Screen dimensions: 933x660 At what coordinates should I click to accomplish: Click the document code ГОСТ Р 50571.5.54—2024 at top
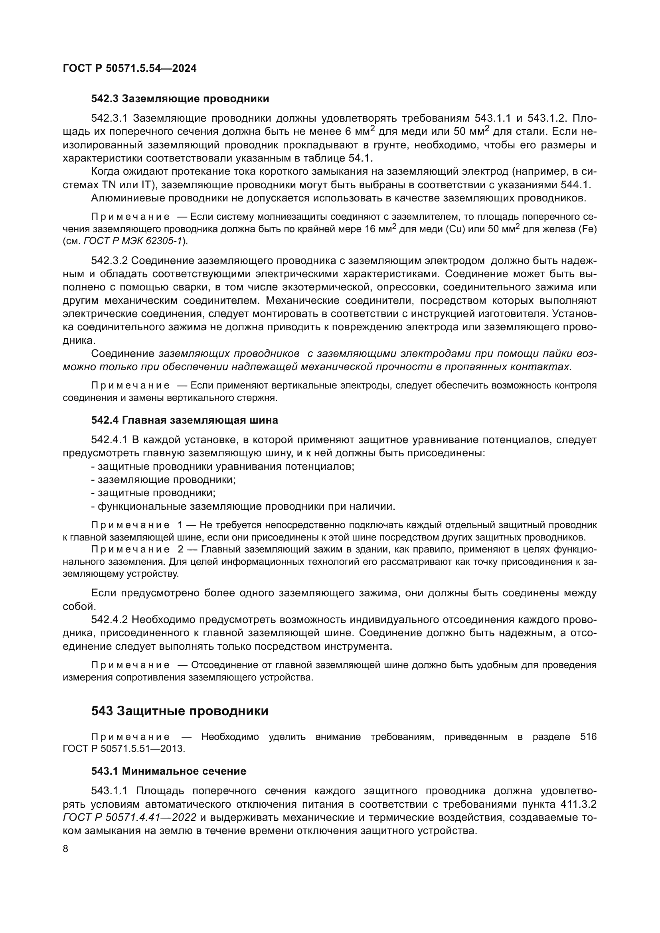pyautogui.click(x=130, y=68)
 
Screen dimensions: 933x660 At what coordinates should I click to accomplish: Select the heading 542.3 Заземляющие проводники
pyautogui.click(x=180, y=99)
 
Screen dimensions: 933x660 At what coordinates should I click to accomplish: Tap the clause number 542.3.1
pyautogui.click(x=109, y=118)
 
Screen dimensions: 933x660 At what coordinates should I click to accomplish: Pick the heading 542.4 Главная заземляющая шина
pyautogui.click(x=184, y=420)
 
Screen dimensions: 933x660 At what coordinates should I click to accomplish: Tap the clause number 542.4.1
pyautogui.click(x=109, y=440)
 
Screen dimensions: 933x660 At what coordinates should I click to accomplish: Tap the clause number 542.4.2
pyautogui.click(x=109, y=620)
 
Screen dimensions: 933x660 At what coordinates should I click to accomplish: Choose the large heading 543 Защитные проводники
pyautogui.click(x=180, y=711)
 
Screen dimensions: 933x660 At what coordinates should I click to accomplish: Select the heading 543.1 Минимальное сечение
pyautogui.click(x=169, y=771)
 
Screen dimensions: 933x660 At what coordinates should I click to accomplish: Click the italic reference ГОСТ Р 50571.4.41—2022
pyautogui.click(x=130, y=818)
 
